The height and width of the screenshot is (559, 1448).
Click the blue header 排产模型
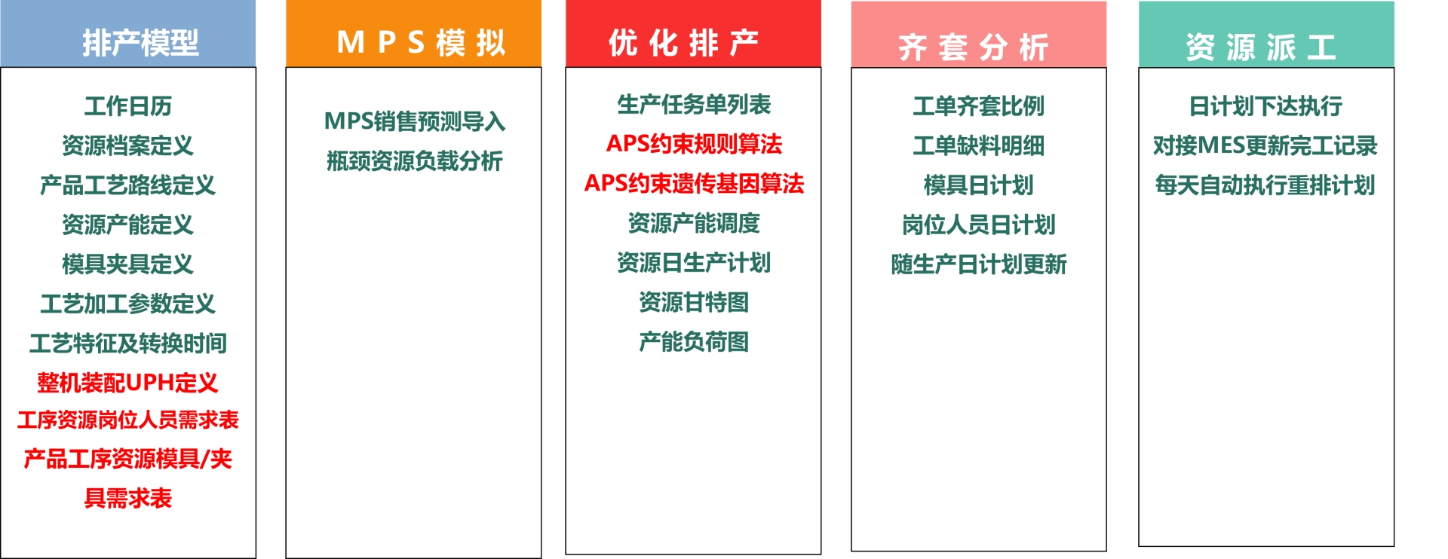click(128, 34)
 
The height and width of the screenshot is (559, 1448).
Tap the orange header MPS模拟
click(413, 34)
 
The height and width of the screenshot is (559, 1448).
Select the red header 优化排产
click(693, 34)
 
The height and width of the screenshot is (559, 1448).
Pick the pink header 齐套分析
click(979, 35)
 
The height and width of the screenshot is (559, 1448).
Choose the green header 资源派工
click(1266, 35)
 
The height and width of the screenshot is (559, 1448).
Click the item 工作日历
click(128, 106)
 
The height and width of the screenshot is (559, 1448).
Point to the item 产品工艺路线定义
click(128, 185)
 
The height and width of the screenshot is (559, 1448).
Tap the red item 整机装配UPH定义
click(128, 383)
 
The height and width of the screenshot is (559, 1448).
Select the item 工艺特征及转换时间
click(128, 344)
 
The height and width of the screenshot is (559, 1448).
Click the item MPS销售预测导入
click(414, 121)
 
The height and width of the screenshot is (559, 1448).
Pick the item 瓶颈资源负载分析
click(414, 160)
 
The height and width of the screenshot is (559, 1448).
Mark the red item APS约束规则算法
click(694, 144)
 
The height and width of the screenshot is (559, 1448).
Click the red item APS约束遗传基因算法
click(694, 183)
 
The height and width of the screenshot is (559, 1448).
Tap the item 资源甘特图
click(694, 302)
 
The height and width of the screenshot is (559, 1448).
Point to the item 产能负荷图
click(694, 342)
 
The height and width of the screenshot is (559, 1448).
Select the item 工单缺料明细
click(979, 145)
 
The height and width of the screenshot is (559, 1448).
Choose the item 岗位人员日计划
click(979, 225)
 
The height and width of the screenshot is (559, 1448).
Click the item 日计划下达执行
click(1266, 106)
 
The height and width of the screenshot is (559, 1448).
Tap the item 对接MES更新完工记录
click(1265, 145)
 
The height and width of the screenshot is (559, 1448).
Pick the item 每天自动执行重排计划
click(1265, 185)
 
